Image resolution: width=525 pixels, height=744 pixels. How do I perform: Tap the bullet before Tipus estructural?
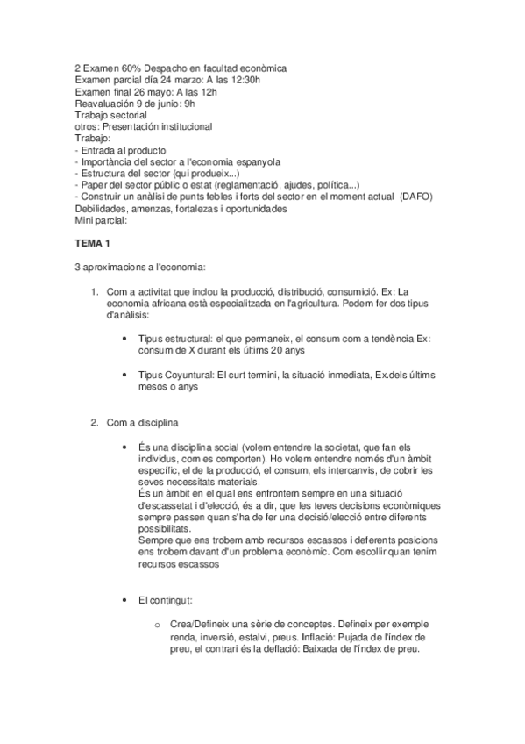131,337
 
